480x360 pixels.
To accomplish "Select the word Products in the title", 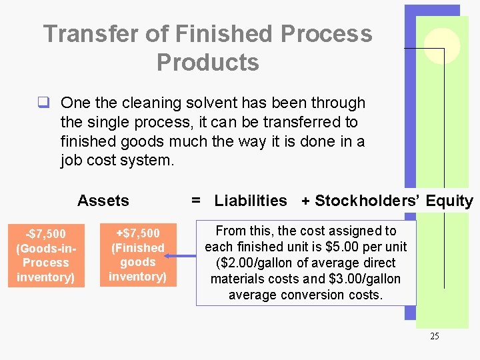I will pyautogui.click(x=207, y=63).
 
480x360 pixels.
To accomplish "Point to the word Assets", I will pyautogui.click(x=103, y=201).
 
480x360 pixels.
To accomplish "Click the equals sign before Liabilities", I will pyautogui.click(x=195, y=201).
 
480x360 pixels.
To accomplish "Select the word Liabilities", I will pyautogui.click(x=251, y=201).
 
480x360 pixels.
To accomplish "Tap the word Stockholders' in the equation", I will pyautogui.click(x=367, y=201).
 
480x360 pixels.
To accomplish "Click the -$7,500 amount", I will pyautogui.click(x=45, y=233).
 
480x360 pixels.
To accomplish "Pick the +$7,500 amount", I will pyautogui.click(x=137, y=233).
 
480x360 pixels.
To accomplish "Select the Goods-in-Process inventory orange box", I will pyautogui.click(x=46, y=255).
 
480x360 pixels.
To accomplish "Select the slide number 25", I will pyautogui.click(x=434, y=336).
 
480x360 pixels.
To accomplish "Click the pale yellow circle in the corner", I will pyautogui.click(x=442, y=45).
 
